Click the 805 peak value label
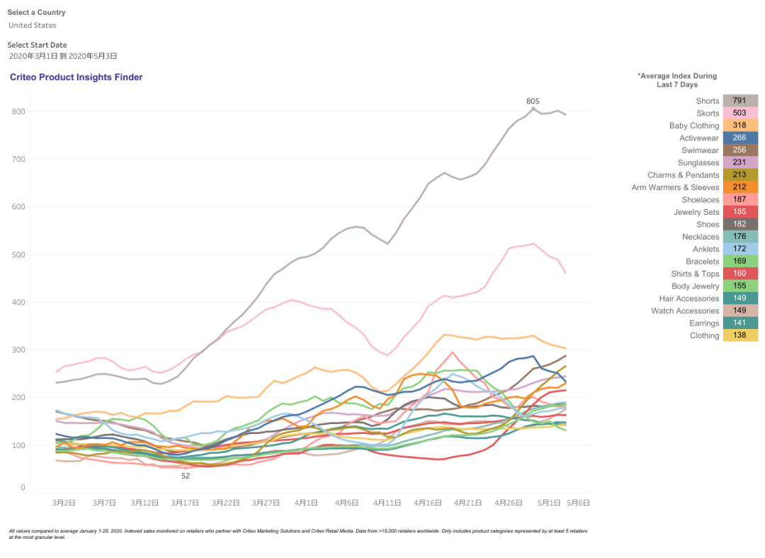[533, 101]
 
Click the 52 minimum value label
[186, 476]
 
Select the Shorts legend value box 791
[740, 101]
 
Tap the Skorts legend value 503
[740, 113]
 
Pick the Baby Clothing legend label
[693, 125]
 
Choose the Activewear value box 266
[740, 138]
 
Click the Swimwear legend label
[700, 150]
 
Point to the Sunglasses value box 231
[740, 163]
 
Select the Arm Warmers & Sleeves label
[675, 187]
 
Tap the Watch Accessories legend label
[685, 311]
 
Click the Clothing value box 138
[740, 335]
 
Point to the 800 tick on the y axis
[18, 111]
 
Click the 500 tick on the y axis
[18, 255]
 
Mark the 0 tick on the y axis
[23, 488]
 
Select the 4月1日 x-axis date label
[307, 503]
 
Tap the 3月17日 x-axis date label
[186, 503]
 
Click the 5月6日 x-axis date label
[578, 503]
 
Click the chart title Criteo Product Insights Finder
[76, 77]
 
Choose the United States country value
[33, 26]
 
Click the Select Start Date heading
[37, 45]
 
